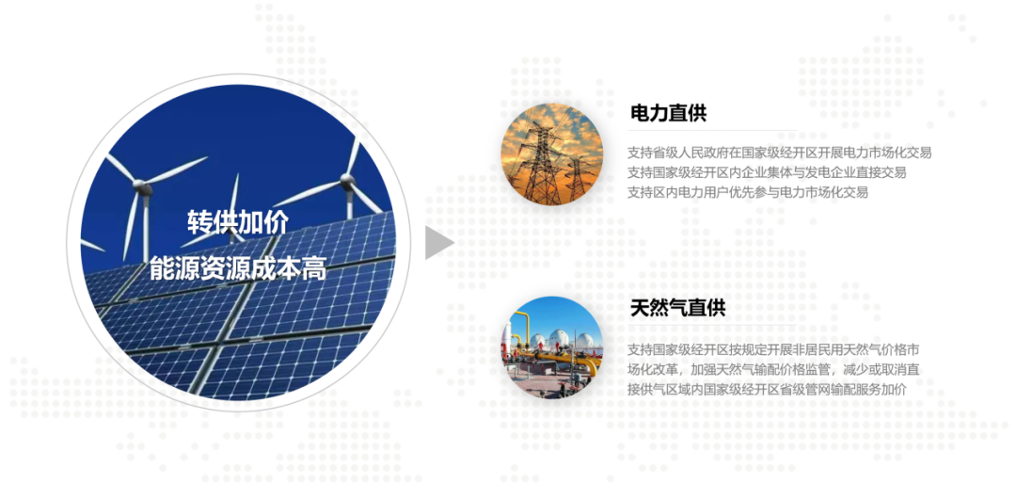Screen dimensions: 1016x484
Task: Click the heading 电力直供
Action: [x=668, y=113]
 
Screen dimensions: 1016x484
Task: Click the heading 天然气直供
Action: [x=677, y=308]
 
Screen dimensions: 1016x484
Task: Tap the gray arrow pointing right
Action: [x=439, y=243]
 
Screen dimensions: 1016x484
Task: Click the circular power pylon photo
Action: [x=551, y=154]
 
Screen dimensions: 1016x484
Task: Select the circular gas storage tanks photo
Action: [x=551, y=347]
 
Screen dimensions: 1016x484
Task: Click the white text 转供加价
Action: [x=238, y=222]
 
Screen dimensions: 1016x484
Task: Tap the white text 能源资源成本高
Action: [x=238, y=268]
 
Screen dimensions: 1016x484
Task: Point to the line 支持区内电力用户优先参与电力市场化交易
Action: [x=748, y=193]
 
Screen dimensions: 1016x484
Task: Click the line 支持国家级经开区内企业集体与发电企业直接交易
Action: [x=767, y=173]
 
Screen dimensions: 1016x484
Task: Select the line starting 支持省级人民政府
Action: [x=780, y=153]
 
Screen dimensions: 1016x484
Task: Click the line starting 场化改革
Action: [x=773, y=370]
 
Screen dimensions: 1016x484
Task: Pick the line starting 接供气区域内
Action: [x=767, y=390]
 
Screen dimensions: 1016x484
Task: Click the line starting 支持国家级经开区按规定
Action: [x=773, y=350]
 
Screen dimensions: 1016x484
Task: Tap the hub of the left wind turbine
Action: [x=143, y=189]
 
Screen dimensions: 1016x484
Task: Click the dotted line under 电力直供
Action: [x=713, y=130]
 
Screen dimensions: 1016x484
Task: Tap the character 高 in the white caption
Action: [x=314, y=268]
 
